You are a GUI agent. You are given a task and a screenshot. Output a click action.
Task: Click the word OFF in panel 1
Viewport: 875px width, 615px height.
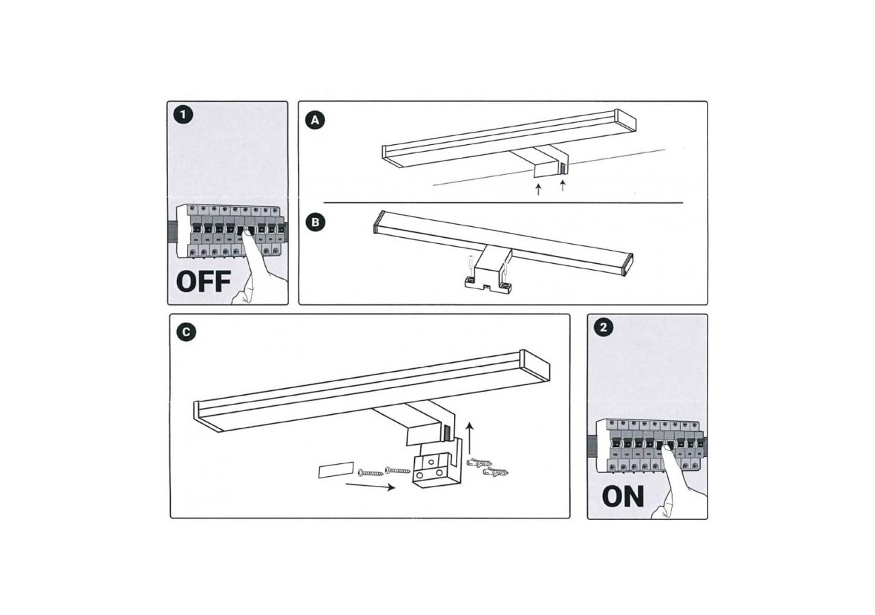pos(203,282)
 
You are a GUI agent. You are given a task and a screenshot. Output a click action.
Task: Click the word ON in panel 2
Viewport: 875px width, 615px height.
pos(623,497)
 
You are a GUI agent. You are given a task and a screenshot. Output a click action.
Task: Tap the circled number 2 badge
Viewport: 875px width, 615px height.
pos(602,328)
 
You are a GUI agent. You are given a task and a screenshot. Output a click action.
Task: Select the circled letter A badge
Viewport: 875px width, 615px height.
pos(314,120)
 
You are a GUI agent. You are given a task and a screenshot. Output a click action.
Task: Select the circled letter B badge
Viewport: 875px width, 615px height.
pos(314,222)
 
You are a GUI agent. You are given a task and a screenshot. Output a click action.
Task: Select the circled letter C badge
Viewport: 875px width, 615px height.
pos(186,332)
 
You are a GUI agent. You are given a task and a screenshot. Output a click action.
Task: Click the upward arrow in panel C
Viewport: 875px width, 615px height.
pos(470,433)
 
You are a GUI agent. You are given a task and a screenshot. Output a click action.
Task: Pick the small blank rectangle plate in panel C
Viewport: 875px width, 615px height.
pos(335,471)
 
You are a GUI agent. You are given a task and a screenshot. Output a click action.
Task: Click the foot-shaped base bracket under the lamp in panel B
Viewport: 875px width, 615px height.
pos(488,282)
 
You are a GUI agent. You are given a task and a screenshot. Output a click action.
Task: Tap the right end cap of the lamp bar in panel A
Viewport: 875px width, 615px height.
pos(625,120)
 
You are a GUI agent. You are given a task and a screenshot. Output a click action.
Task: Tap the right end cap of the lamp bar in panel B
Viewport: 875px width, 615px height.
pos(627,264)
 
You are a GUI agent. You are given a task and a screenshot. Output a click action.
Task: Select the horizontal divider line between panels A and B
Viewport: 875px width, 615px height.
pos(502,203)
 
